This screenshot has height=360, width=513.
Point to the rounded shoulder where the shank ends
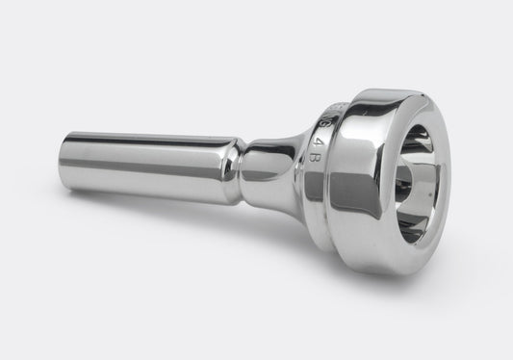(x=231, y=164)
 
